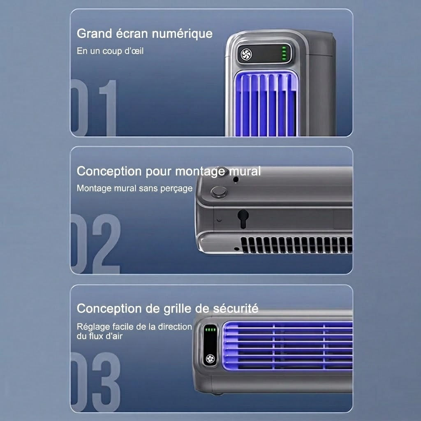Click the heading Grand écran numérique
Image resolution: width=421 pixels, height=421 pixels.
pos(144,34)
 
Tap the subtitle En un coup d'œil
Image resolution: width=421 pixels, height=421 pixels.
pos(110,51)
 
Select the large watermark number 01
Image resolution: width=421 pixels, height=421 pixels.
pos(94,108)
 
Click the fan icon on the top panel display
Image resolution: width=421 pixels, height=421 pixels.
pos(246,55)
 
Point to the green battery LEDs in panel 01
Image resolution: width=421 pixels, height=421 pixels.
pos(284,53)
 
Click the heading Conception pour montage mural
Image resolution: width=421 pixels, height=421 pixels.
pos(169,171)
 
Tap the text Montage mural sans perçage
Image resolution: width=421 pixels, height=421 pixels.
pos(134,188)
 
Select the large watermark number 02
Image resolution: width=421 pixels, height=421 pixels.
pos(95,244)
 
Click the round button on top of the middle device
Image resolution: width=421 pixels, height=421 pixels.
pos(219,192)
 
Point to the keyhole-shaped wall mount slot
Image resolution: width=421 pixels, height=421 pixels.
pos(243,219)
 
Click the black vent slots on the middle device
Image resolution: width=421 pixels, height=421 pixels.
pos(296,245)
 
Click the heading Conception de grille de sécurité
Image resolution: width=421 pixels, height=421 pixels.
pos(168,309)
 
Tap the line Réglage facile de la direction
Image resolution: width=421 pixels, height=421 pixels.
pos(134,327)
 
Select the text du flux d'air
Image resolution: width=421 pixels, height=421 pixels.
pos(99,336)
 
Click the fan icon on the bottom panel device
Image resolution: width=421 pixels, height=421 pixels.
pos(210,359)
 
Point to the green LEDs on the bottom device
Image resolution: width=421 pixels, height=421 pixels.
pos(210,329)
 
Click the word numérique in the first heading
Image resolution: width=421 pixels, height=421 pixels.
pos(182,34)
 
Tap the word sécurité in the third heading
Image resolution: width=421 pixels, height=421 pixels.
pos(236,308)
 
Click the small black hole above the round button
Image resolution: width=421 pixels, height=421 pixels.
pos(236,179)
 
